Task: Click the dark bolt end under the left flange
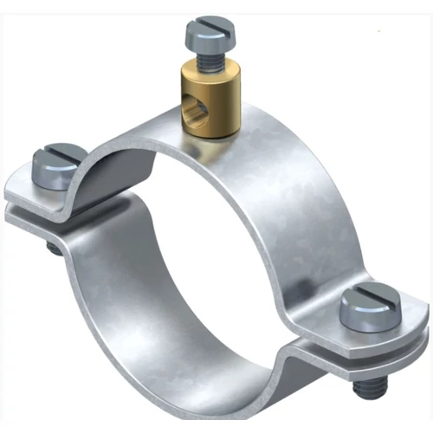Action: click(x=55, y=249)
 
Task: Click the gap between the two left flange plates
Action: click(x=35, y=209)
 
